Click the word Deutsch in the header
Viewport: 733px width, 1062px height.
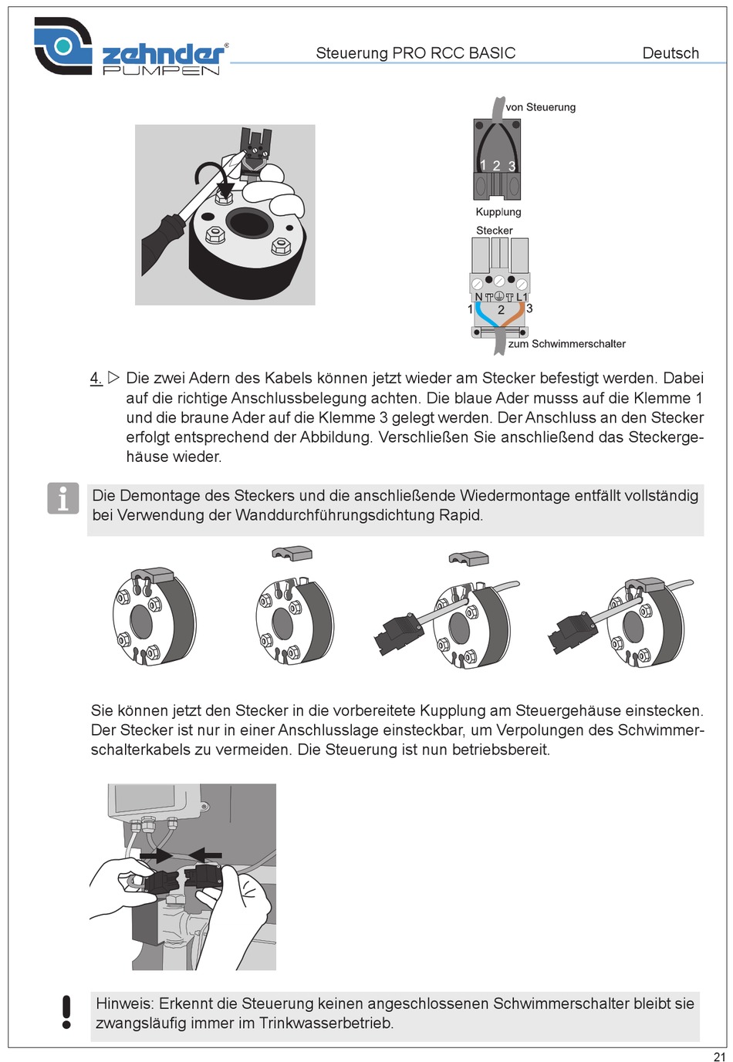click(671, 53)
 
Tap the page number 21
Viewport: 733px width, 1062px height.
click(719, 1057)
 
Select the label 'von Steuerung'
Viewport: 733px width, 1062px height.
click(540, 107)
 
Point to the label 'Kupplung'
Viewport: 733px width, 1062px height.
click(498, 212)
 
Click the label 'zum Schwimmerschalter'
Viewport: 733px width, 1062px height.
click(566, 344)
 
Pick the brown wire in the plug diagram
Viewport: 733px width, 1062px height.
click(513, 315)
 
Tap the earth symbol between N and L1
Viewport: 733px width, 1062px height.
click(499, 296)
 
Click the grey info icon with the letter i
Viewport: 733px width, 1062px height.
click(63, 498)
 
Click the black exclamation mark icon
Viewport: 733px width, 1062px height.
click(66, 1012)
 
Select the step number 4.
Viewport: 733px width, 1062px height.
click(96, 378)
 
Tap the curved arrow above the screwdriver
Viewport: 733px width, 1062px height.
click(214, 175)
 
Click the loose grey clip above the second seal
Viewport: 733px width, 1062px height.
click(292, 553)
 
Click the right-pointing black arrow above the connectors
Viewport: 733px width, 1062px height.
click(156, 855)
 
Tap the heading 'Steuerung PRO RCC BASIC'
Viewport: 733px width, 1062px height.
click(416, 53)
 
